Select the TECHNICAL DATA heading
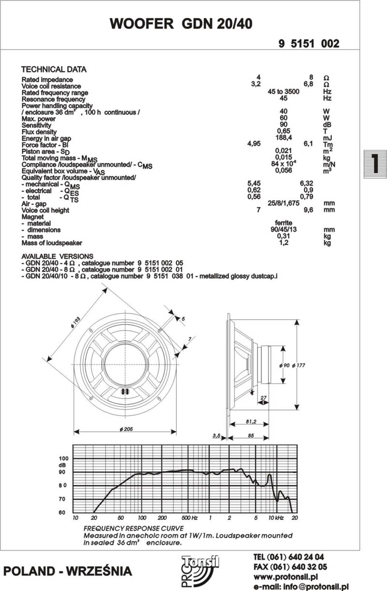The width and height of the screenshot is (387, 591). [x=54, y=70]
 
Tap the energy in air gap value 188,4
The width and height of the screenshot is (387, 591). [x=284, y=137]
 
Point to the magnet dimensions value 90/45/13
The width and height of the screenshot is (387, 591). [x=284, y=229]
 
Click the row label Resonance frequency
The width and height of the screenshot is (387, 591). [x=54, y=99]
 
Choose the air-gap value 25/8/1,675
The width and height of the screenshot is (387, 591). [x=284, y=203]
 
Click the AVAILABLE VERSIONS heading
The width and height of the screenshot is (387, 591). [x=58, y=256]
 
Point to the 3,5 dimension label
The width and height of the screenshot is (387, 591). [x=217, y=436]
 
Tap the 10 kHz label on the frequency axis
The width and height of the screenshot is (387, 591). [x=276, y=518]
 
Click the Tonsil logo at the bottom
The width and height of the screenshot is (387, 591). [x=199, y=572]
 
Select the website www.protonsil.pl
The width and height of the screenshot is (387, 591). [x=285, y=577]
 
